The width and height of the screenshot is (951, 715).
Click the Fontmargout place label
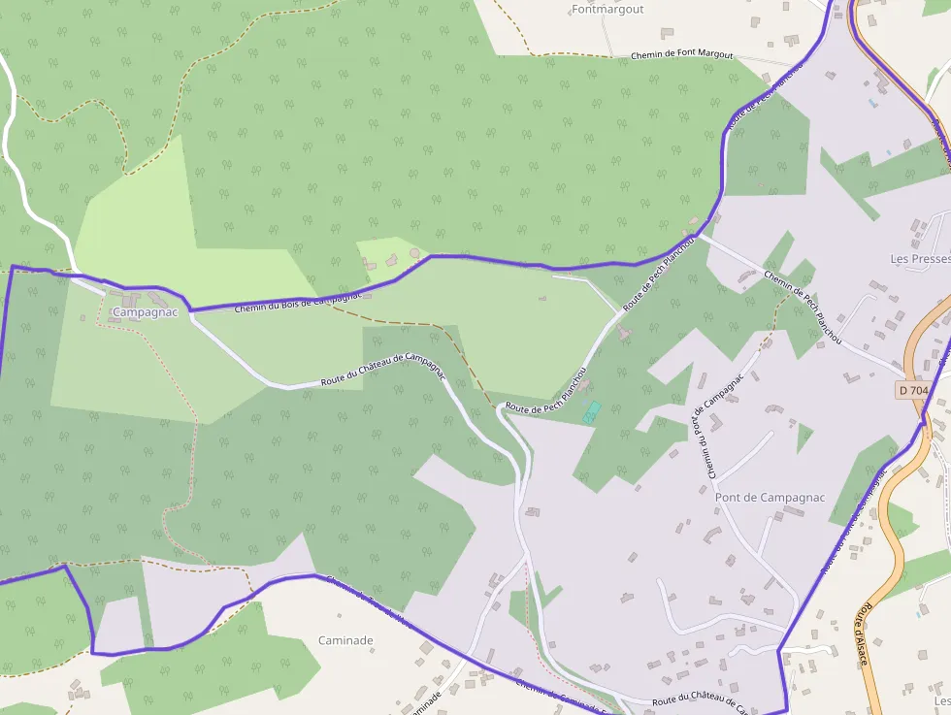point(607,10)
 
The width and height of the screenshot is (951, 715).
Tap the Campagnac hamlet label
point(146,312)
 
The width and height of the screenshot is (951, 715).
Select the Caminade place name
point(345,640)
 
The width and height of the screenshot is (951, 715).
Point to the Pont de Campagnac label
point(770,498)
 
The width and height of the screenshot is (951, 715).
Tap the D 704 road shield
point(913,390)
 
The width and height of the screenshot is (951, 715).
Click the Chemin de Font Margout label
point(681,55)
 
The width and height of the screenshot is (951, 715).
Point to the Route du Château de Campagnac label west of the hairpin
point(382,370)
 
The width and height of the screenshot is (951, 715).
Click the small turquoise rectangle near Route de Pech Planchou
point(592,411)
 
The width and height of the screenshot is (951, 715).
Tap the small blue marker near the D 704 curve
point(872,102)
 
